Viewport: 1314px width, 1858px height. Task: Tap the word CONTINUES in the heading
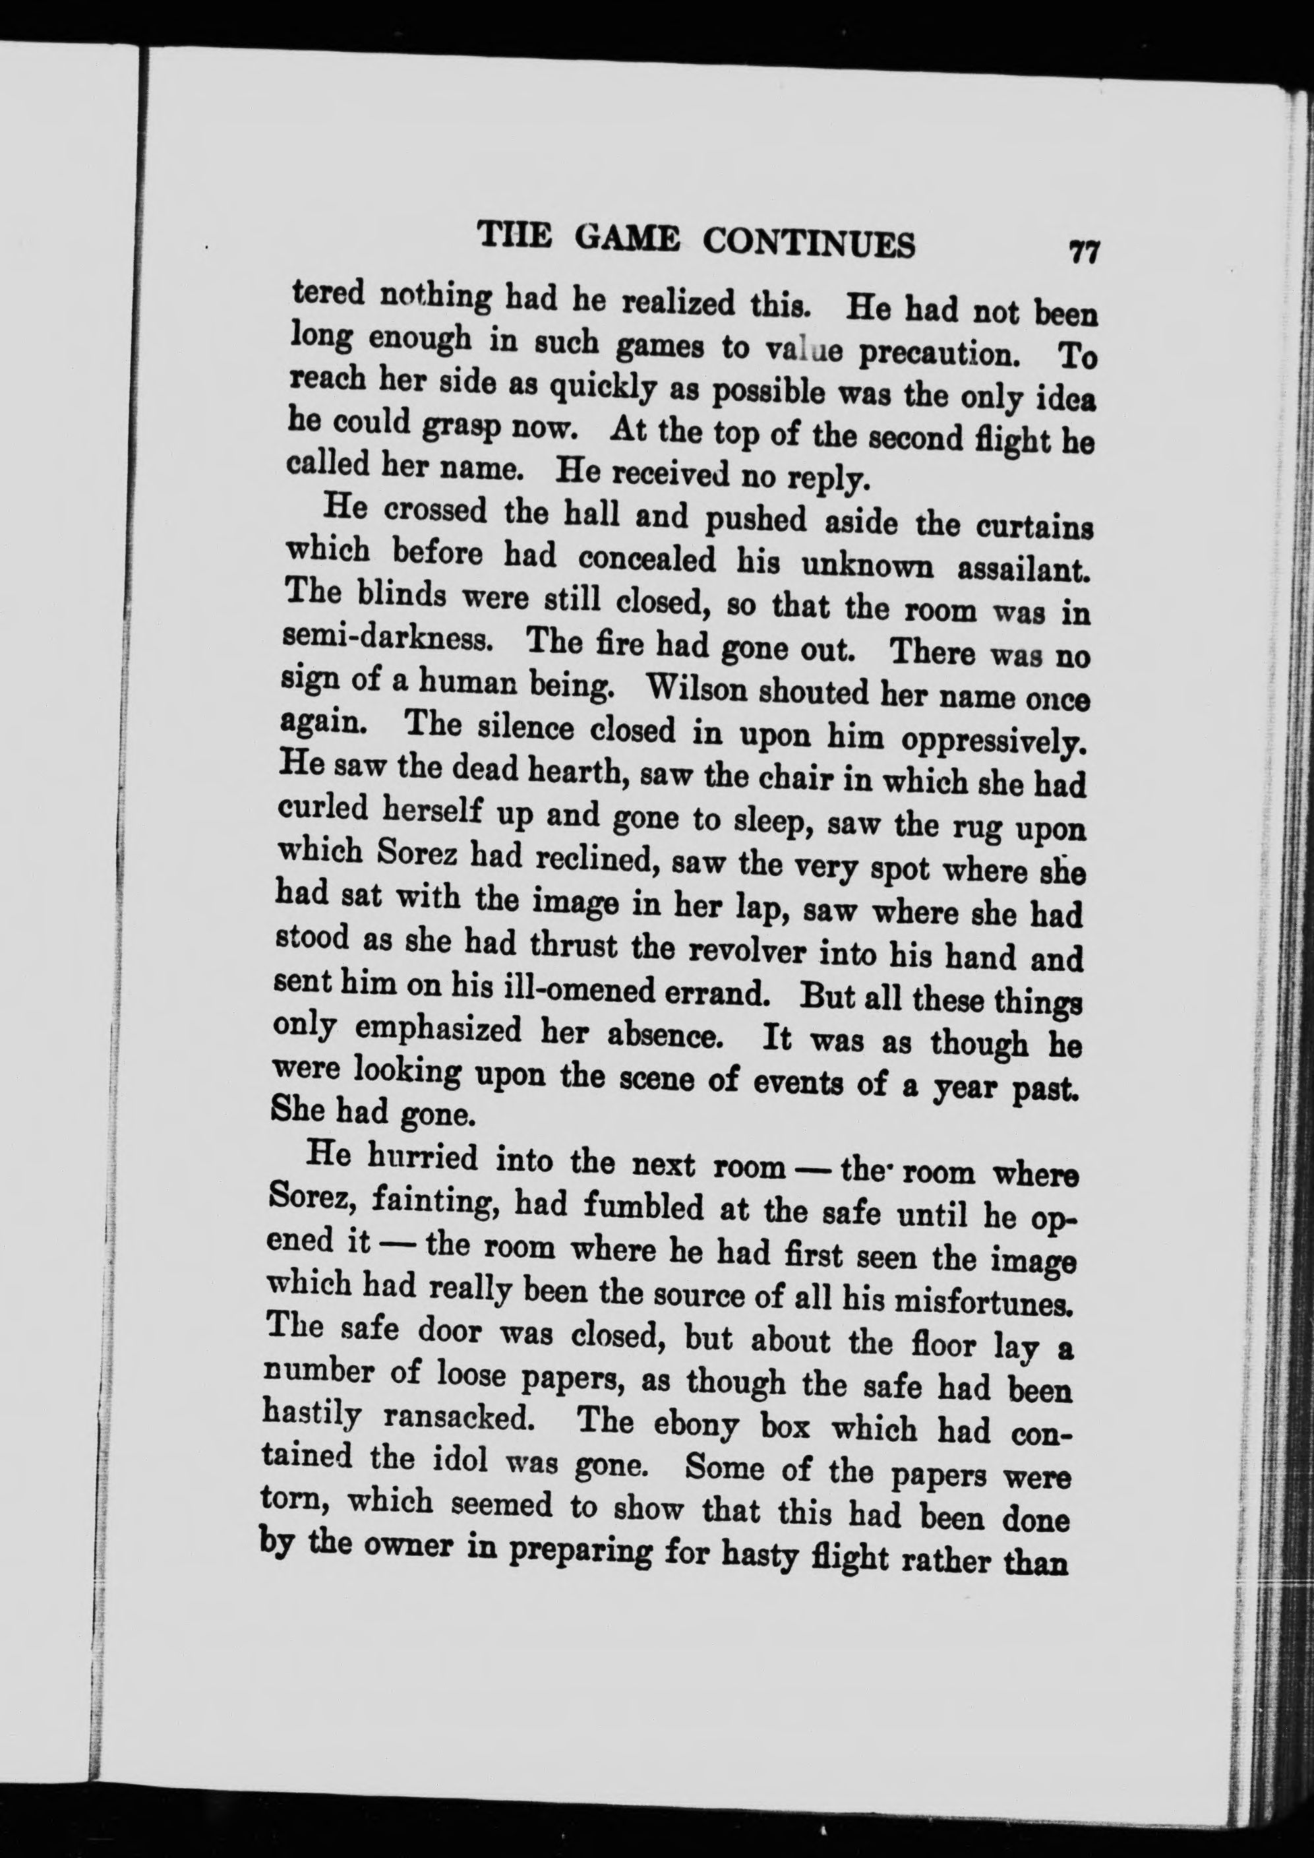pos(809,242)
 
